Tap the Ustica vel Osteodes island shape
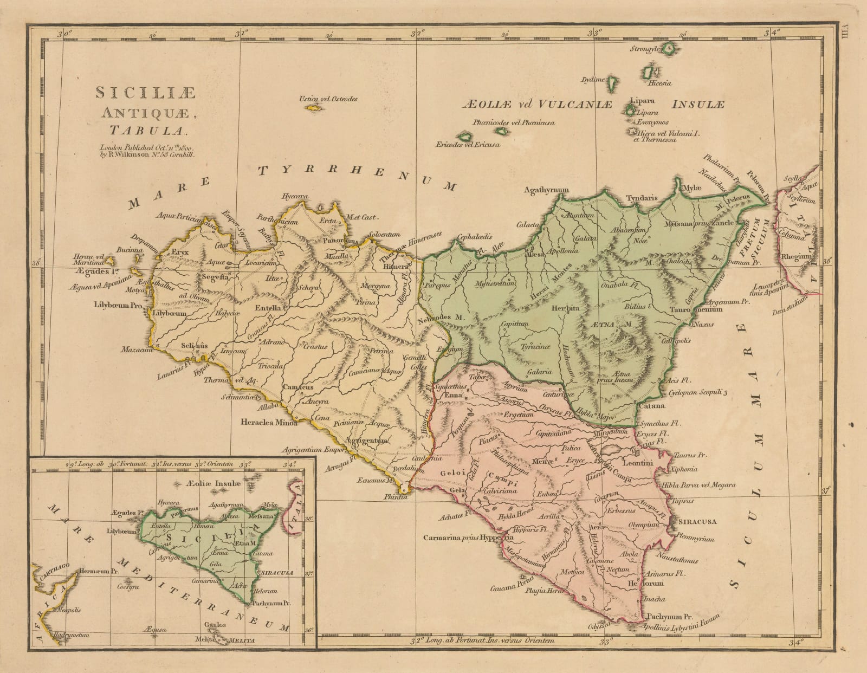313,108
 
